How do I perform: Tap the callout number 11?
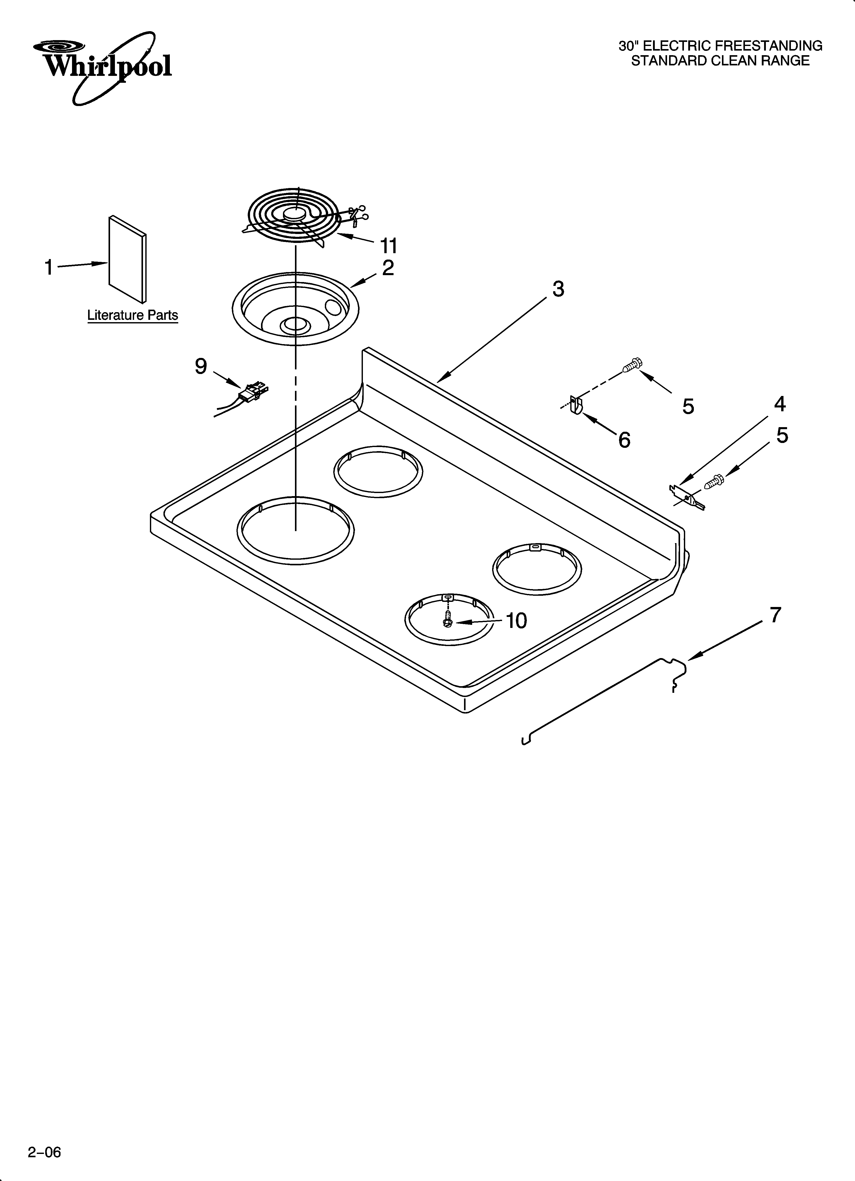pyautogui.click(x=388, y=245)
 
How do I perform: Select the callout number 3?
pyautogui.click(x=558, y=289)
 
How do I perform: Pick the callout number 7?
pyautogui.click(x=775, y=615)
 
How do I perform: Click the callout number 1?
pyautogui.click(x=49, y=268)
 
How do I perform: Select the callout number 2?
pyautogui.click(x=388, y=268)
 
